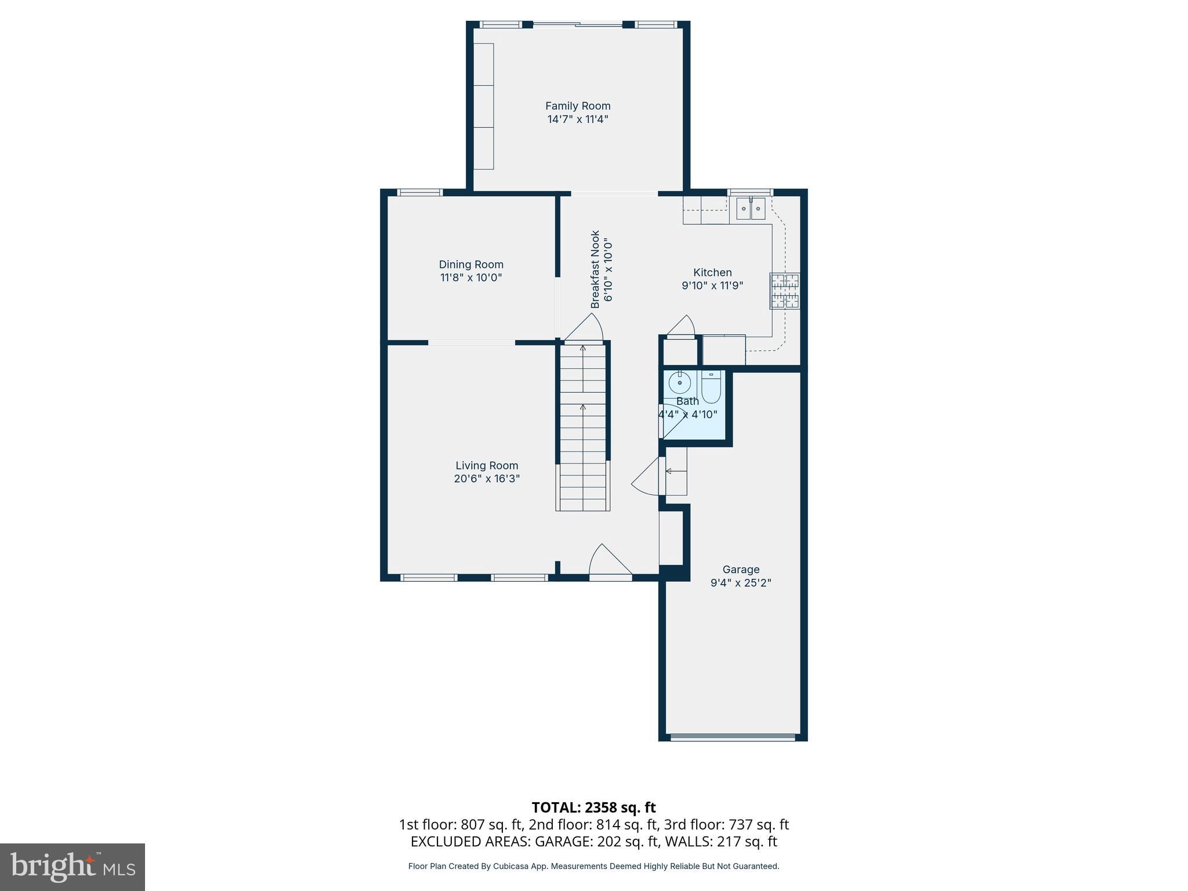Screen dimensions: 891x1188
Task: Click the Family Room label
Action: tap(578, 106)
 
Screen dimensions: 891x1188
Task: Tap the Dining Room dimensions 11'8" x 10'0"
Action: tap(471, 278)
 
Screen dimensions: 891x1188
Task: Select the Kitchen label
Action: tap(712, 273)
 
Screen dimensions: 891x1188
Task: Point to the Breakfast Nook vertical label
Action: tap(595, 270)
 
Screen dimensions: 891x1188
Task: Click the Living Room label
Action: tap(487, 466)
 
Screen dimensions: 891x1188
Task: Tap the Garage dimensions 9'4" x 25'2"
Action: tap(741, 583)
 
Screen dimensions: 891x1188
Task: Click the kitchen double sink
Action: tap(751, 208)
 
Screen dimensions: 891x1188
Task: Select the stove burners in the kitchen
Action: tap(784, 291)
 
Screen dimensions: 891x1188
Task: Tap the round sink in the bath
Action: tap(679, 383)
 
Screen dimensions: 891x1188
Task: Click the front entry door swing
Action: tap(609, 562)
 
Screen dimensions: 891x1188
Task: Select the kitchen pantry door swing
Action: tap(682, 326)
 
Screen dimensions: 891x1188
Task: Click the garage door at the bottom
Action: tap(733, 737)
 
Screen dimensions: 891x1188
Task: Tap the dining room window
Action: tap(420, 193)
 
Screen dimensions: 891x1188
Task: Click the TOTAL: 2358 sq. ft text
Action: tap(593, 807)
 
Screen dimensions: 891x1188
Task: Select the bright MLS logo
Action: tap(73, 867)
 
